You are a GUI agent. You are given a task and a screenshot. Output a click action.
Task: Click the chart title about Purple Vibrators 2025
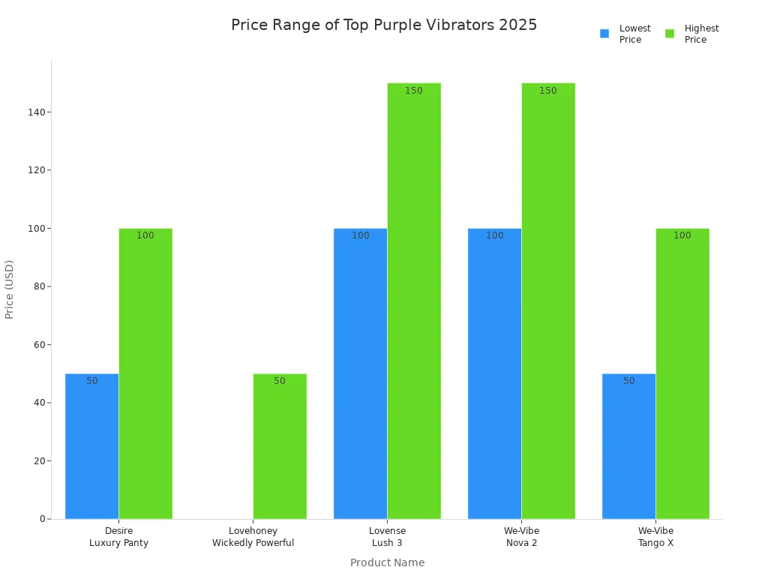click(384, 25)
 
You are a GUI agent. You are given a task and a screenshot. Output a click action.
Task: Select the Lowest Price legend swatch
click(604, 34)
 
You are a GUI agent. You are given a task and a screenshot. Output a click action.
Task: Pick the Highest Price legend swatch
click(670, 34)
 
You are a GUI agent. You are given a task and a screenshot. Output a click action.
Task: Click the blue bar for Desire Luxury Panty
click(91, 446)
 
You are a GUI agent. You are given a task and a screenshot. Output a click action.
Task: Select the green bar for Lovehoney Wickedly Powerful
click(280, 446)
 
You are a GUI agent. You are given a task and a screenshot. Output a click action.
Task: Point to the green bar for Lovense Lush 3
click(414, 301)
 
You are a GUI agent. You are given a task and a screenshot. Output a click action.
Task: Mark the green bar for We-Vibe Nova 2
click(548, 301)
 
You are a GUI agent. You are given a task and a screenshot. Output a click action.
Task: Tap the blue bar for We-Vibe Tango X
click(628, 446)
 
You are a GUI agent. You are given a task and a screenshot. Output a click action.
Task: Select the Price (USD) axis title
click(10, 289)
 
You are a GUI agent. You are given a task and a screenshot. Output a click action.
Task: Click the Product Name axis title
click(387, 562)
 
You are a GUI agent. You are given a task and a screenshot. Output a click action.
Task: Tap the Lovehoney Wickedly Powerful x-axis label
click(253, 537)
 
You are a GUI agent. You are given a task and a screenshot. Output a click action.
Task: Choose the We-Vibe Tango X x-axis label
click(655, 537)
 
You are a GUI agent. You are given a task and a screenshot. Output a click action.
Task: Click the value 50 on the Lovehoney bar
click(280, 381)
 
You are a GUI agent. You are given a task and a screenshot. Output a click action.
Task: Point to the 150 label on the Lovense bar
click(414, 91)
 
